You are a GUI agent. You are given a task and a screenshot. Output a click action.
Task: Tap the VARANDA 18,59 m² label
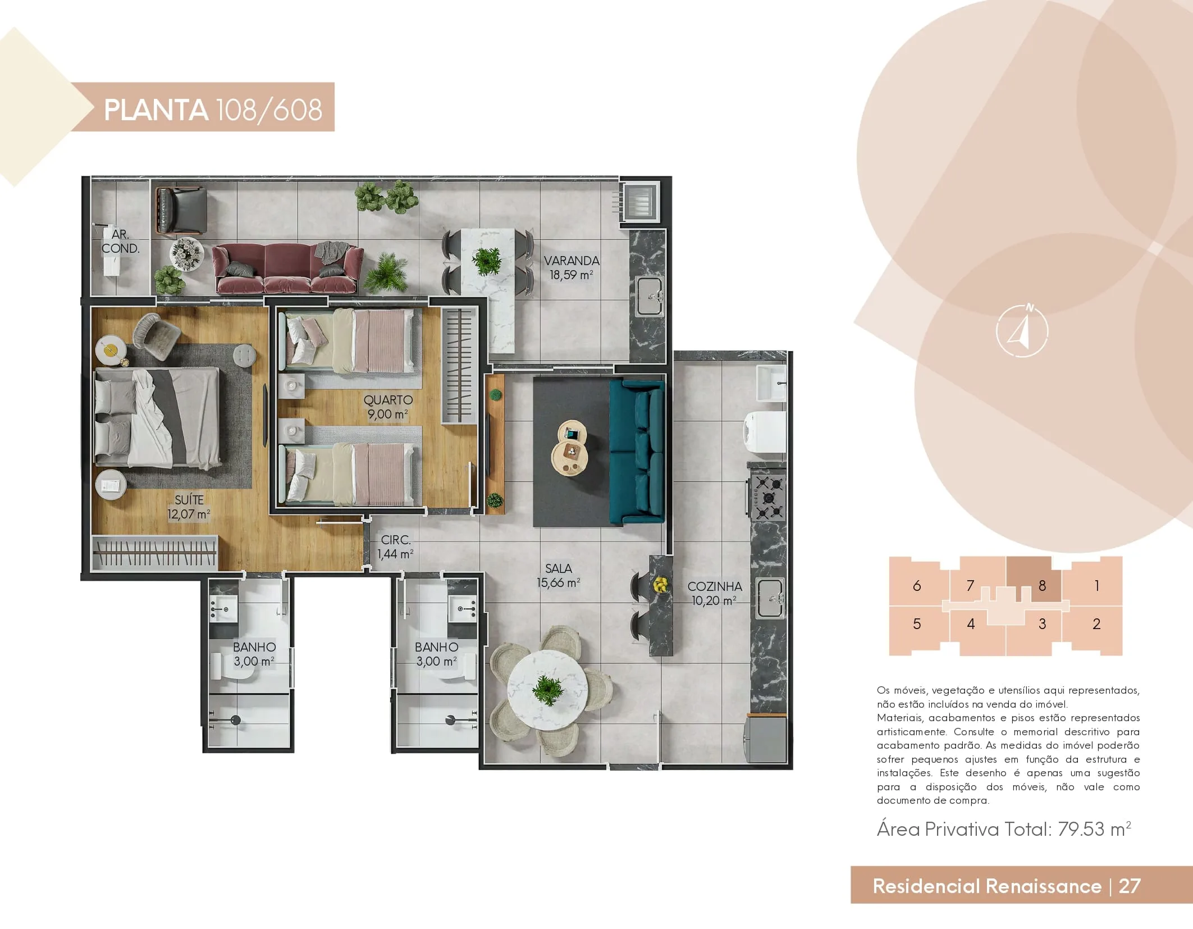click(572, 268)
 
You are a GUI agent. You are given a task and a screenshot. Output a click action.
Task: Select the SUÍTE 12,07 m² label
click(189, 507)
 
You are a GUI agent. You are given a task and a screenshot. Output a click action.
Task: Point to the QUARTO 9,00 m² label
click(388, 407)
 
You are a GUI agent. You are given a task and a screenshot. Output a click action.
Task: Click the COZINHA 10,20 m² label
click(715, 593)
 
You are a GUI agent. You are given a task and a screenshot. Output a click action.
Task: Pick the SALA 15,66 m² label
click(558, 576)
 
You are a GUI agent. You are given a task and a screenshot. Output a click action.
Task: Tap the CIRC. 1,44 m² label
click(396, 547)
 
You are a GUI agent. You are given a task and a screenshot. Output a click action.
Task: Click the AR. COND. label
click(120, 242)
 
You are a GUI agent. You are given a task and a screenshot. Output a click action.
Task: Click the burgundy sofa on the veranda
click(287, 268)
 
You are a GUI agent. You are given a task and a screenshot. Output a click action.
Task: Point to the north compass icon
click(1022, 331)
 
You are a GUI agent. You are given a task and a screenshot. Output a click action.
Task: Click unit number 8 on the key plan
click(1042, 586)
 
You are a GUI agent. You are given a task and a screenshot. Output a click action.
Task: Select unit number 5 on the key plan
click(917, 624)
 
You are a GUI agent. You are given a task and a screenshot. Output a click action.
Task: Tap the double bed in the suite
click(158, 417)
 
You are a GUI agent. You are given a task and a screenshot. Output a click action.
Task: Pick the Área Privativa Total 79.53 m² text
click(1004, 829)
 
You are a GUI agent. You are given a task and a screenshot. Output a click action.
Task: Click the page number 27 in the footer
click(1130, 886)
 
